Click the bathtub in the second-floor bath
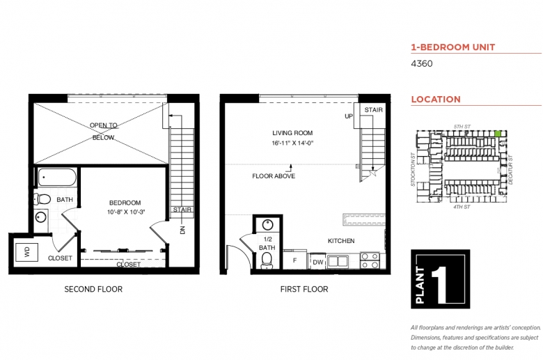(57, 178)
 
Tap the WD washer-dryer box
(26, 252)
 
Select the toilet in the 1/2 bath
(267, 260)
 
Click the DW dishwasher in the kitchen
(317, 263)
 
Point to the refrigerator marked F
(294, 260)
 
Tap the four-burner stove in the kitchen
(370, 260)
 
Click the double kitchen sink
(338, 261)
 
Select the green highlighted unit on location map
(498, 134)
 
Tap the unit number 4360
(422, 64)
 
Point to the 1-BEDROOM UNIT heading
(453, 47)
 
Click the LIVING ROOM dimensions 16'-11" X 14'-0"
(292, 143)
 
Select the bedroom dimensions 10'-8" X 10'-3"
(126, 212)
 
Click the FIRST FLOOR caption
(304, 289)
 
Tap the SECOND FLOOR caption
(93, 289)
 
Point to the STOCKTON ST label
(413, 169)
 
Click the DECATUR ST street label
(510, 170)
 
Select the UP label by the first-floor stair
(349, 116)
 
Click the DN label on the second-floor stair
(183, 230)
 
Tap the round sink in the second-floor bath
(41, 217)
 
